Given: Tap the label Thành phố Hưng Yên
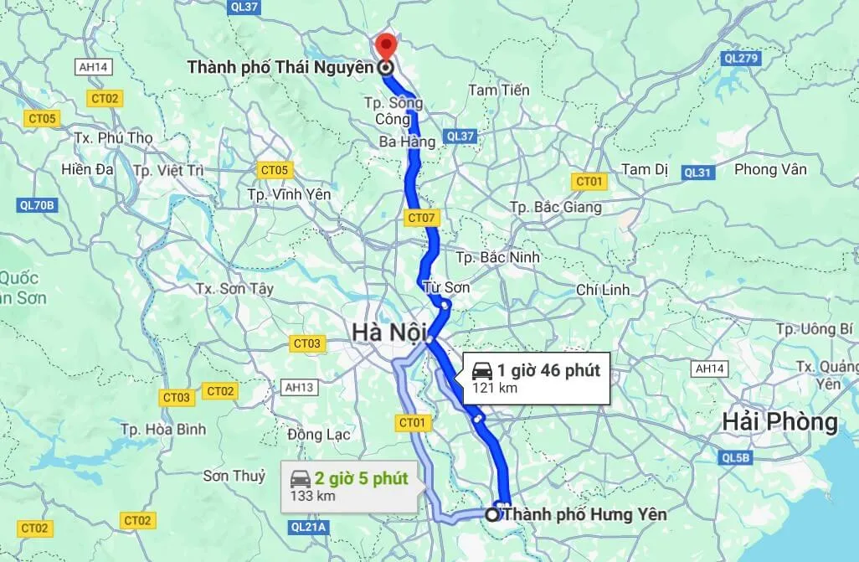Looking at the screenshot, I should (x=585, y=514).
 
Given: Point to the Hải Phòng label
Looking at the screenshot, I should (x=780, y=423).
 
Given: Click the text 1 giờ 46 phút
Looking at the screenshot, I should (x=548, y=370).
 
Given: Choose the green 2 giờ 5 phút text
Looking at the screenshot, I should (x=361, y=479).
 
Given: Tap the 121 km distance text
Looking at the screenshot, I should (x=495, y=388).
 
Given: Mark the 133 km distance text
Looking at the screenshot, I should (x=312, y=496).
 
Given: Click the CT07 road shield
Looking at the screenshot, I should (x=421, y=219).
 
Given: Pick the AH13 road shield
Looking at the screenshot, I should (x=299, y=388).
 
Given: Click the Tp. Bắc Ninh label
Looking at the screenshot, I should (x=498, y=257).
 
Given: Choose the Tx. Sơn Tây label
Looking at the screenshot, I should (x=234, y=288).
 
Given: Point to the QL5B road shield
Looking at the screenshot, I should (x=735, y=458).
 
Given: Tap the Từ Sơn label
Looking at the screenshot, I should (x=447, y=287).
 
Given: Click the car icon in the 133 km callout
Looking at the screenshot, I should (x=299, y=479).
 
